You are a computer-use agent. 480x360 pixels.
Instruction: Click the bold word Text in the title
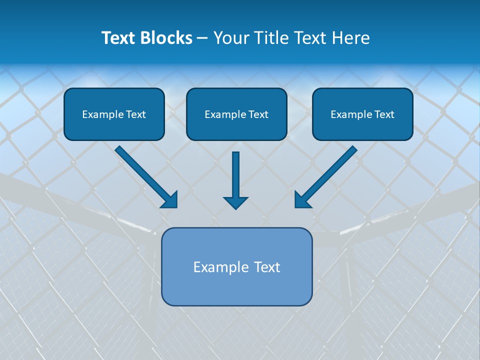coord(119,38)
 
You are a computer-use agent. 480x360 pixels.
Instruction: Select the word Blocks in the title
coord(166,38)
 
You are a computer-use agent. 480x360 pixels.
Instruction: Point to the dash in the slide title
coord(202,38)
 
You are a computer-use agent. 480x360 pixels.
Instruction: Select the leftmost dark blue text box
coord(114,114)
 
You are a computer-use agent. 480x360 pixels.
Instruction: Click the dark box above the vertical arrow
coord(236,114)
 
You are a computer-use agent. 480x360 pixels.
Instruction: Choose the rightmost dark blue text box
coord(362,114)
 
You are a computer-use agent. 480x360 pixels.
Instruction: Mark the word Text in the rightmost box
coord(384,114)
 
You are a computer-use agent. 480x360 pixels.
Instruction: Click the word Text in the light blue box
coord(267,267)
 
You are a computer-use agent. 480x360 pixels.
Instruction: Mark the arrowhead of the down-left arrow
coord(301,200)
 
